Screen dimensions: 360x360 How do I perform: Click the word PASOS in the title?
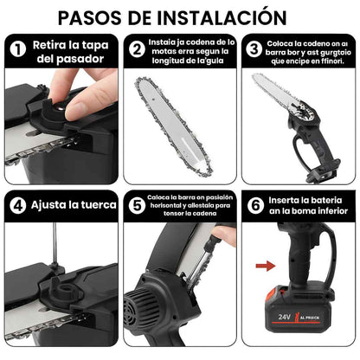point(107,16)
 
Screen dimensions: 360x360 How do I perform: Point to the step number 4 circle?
point(16,207)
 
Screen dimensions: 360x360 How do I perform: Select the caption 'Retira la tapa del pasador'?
point(67,52)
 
